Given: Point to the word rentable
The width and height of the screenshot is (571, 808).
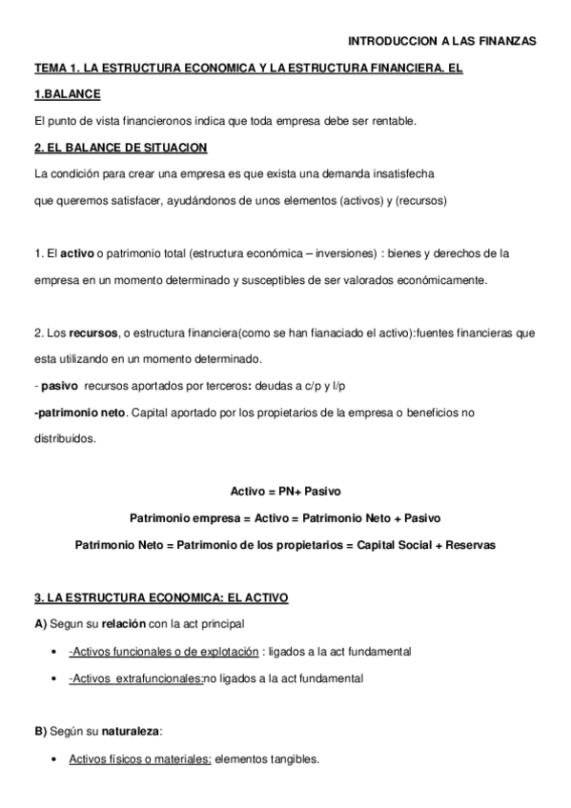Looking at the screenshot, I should coord(391,121).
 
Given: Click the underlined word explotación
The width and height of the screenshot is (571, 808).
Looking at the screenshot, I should coord(225,652).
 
